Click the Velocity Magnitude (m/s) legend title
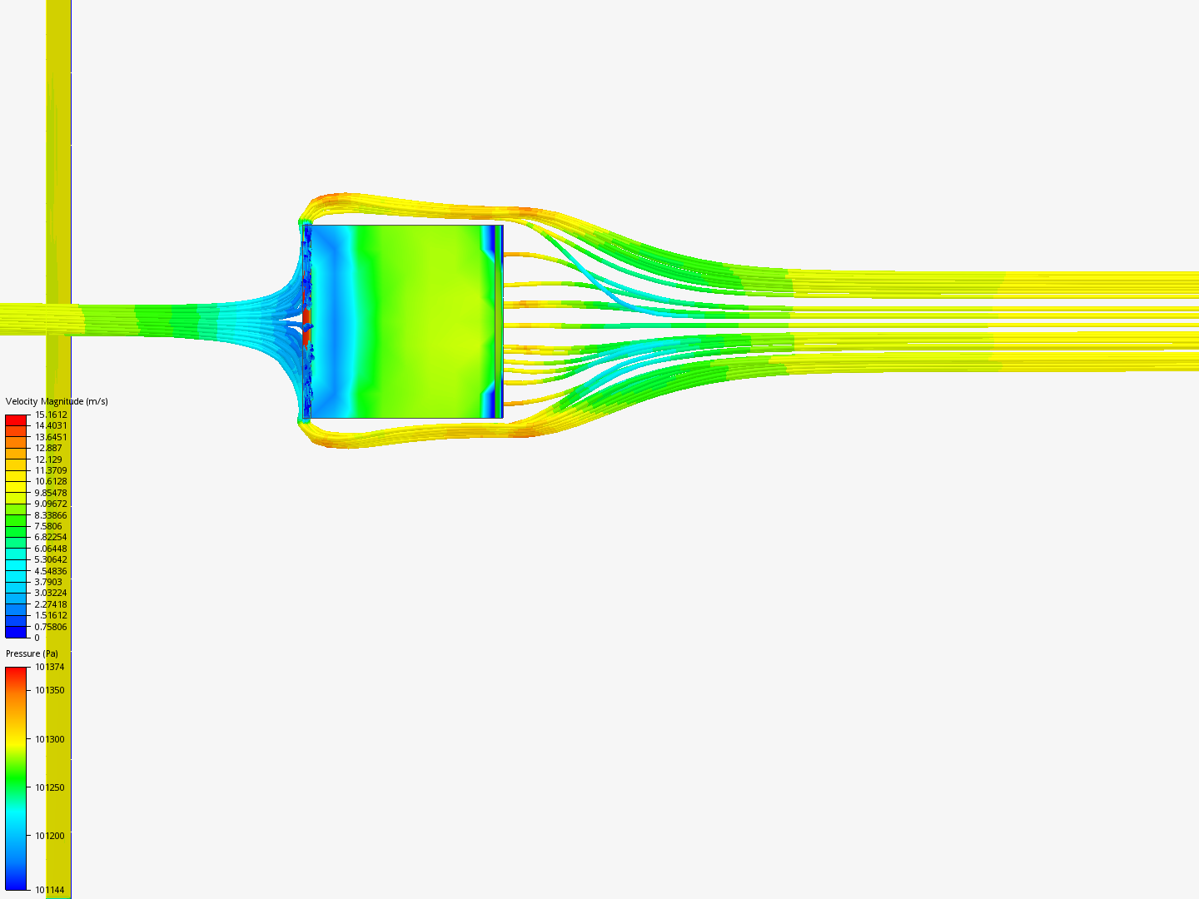point(57,401)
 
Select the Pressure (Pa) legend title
point(32,653)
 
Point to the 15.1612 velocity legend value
point(51,415)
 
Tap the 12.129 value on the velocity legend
point(48,459)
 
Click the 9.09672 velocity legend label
point(51,504)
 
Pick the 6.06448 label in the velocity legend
point(51,549)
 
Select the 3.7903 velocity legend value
point(48,582)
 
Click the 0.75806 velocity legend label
point(51,627)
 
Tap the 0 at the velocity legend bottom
point(37,638)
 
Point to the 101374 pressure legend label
point(49,667)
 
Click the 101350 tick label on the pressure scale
point(49,690)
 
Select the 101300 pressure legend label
point(49,739)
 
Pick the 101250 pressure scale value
point(49,787)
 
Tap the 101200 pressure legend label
point(49,836)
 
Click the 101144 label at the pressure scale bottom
point(49,890)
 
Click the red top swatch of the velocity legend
point(16,420)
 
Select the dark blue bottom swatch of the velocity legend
point(16,633)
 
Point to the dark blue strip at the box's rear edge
point(496,320)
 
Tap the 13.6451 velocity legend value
point(51,437)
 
